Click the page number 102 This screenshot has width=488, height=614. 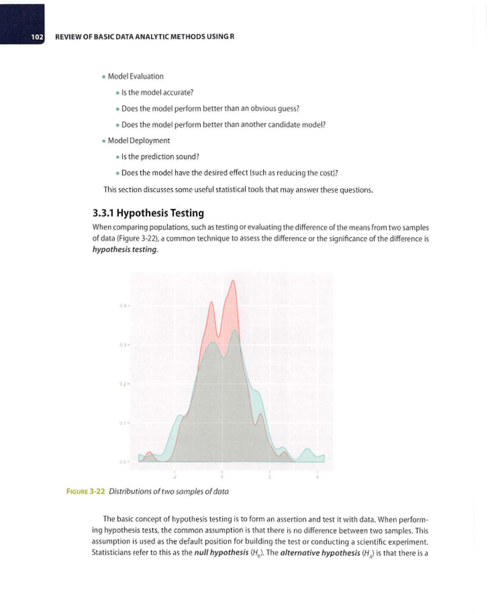coord(37,37)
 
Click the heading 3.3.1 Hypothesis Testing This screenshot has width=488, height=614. coord(148,213)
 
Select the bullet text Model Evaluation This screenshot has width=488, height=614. coord(135,76)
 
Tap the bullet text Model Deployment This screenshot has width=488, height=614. coord(139,140)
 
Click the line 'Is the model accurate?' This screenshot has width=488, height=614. coord(157,92)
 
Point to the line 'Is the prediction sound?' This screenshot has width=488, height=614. coord(160,157)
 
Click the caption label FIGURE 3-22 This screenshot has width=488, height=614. coord(86,491)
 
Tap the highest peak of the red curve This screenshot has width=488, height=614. coord(233,281)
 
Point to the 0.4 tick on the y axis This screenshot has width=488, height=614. coord(124,306)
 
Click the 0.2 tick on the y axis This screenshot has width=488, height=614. coord(124,384)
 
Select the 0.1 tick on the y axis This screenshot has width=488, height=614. coord(124,423)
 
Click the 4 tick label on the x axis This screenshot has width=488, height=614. coord(317,476)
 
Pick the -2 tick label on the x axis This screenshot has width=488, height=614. coord(174,476)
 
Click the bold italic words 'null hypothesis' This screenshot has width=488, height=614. coord(221,553)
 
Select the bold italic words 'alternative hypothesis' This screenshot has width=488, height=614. coord(320,553)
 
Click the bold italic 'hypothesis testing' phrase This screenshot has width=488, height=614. coord(124,249)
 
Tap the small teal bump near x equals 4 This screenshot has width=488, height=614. coord(307,450)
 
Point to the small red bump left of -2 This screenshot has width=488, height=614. coord(150,453)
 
